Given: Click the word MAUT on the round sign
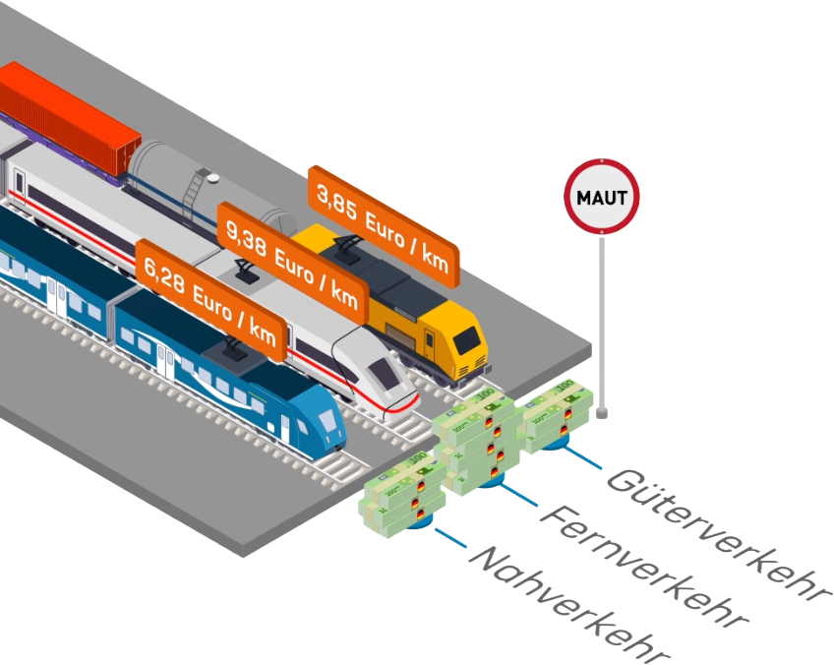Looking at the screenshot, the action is [x=602, y=198].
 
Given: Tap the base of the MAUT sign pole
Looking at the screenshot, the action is [x=602, y=413].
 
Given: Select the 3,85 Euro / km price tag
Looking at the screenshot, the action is [x=383, y=227].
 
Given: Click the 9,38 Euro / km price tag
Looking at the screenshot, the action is [x=292, y=264].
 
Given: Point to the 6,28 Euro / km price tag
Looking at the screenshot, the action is [x=211, y=301].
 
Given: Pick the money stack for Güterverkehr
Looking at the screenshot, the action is [x=558, y=414].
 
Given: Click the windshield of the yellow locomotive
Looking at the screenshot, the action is [x=466, y=339].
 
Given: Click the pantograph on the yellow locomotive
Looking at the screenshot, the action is [x=347, y=246].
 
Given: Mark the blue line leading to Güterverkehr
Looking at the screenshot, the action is [x=582, y=457].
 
